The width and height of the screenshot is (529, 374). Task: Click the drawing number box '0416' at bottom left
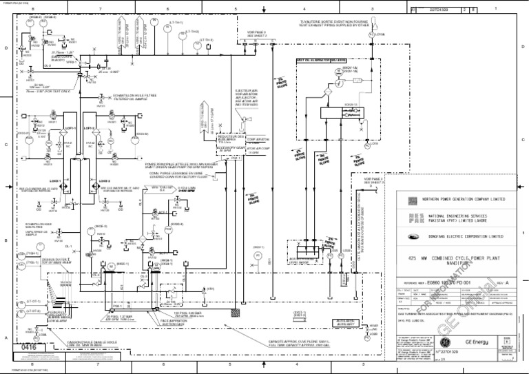(x=27, y=349)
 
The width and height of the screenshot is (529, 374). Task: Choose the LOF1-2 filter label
(x=89, y=128)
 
